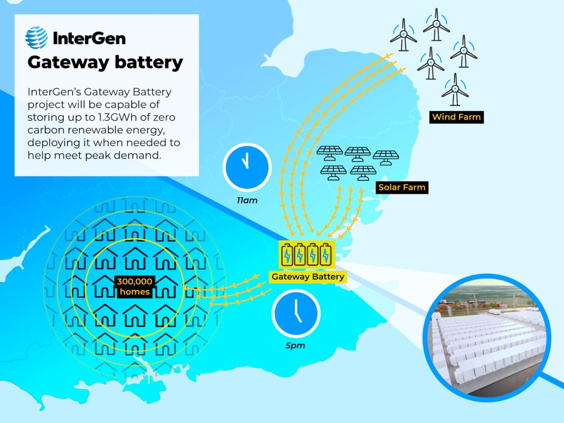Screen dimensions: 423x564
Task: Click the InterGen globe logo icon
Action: pos(37,38)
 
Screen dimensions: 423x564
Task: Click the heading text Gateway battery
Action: pos(105,63)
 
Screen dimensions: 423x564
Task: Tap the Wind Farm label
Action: pos(457,117)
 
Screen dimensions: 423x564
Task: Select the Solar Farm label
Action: pos(402,187)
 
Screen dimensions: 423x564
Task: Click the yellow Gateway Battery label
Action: pos(307,277)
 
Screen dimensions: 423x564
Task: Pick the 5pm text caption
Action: pos(296,346)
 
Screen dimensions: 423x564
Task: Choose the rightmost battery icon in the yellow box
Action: pos(326,254)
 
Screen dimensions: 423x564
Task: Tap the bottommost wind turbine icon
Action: pos(455,90)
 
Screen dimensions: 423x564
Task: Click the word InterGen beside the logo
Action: pos(89,38)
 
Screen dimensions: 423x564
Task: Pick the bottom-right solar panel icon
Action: pos(363,172)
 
